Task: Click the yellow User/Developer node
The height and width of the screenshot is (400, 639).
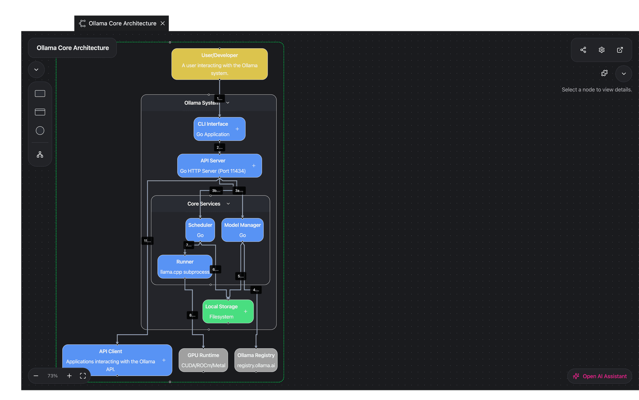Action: point(219,64)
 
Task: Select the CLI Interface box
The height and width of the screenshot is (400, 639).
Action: point(213,129)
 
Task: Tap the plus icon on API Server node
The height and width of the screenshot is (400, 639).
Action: point(254,166)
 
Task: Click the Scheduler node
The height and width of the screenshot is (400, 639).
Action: point(200,230)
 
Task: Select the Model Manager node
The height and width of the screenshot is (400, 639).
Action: point(242,230)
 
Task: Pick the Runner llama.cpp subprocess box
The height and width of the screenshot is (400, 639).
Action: point(185,267)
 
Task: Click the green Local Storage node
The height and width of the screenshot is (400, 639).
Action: point(221,311)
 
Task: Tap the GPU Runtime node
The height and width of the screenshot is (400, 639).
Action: point(203,360)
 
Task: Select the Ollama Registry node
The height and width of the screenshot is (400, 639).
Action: point(256,360)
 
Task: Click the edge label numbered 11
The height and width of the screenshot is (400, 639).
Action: point(147,241)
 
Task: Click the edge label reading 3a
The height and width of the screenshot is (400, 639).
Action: point(239,191)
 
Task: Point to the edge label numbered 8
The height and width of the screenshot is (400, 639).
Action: point(192,315)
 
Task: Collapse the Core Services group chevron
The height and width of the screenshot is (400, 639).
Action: point(228,204)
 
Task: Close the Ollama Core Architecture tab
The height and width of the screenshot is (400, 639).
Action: point(163,23)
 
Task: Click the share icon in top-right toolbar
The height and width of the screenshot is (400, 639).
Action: point(583,50)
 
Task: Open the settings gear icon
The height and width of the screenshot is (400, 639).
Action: point(601,50)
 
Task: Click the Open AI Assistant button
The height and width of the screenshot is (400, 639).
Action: point(600,376)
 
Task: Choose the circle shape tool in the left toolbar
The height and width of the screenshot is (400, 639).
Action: point(40,131)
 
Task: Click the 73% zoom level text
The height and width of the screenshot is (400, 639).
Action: point(53,376)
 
